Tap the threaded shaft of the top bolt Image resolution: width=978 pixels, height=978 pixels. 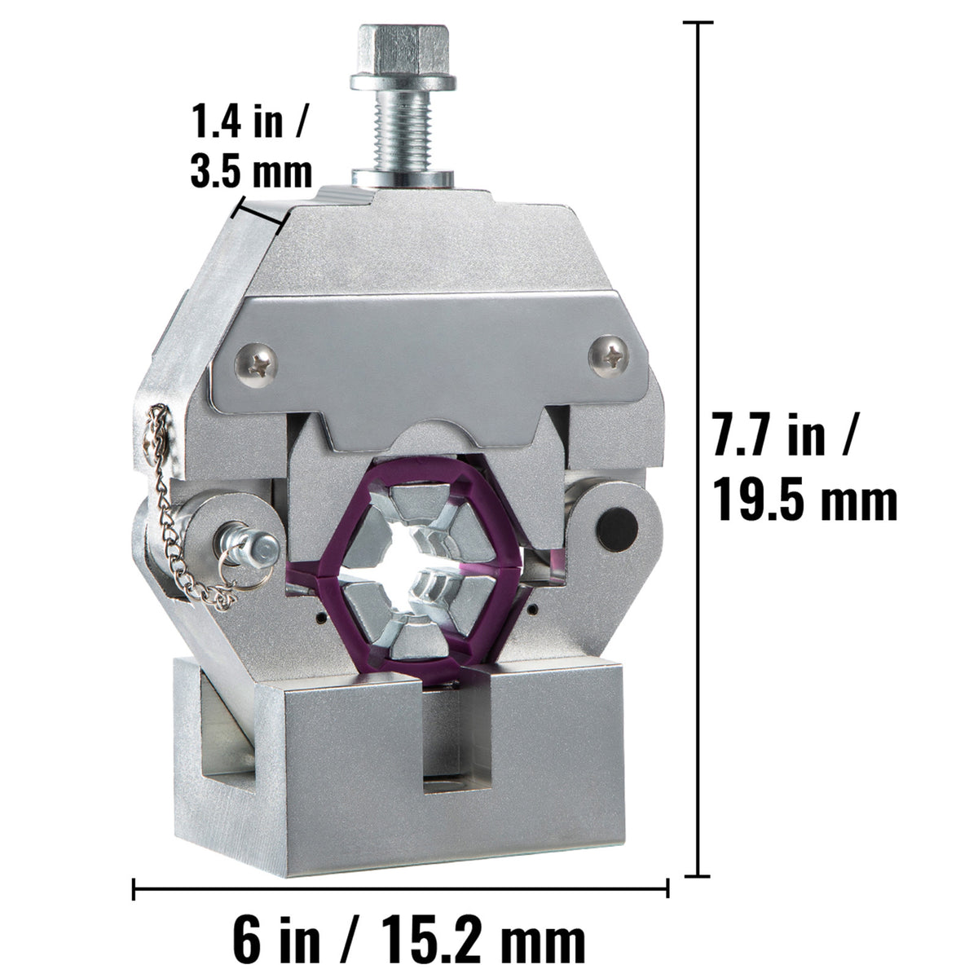pos(403,131)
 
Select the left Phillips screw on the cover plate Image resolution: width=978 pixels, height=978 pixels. pos(256,365)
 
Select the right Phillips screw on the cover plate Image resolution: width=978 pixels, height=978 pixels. pos(610,356)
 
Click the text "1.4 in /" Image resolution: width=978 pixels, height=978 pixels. pos(249,121)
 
